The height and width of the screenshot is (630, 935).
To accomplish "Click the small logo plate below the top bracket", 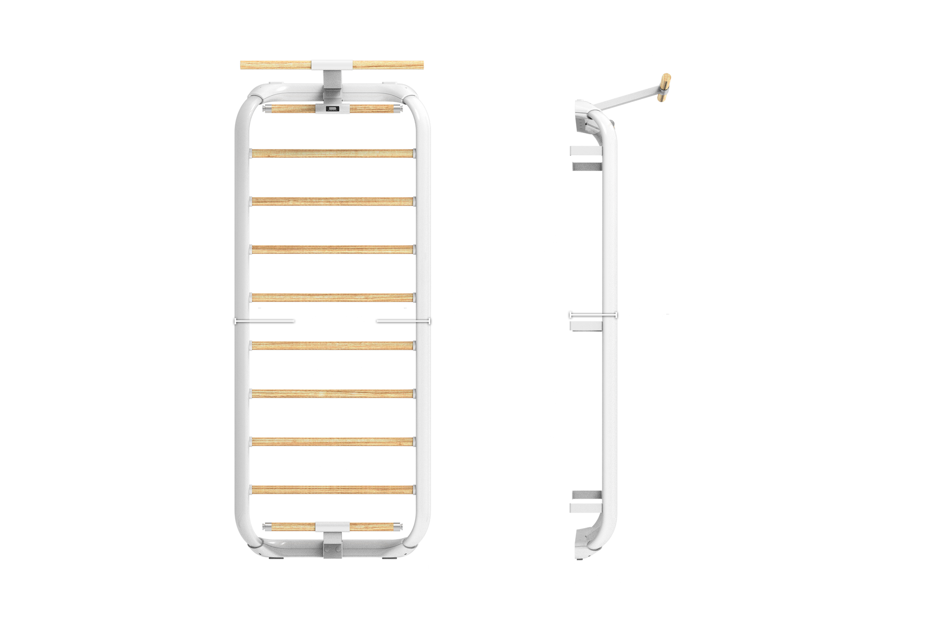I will (x=332, y=108).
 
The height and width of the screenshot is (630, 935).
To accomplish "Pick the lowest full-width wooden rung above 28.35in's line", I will (x=333, y=441).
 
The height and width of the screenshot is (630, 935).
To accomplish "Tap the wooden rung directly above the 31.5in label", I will (x=333, y=297).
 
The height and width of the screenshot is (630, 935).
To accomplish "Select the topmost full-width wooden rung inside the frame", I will (x=333, y=153).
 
